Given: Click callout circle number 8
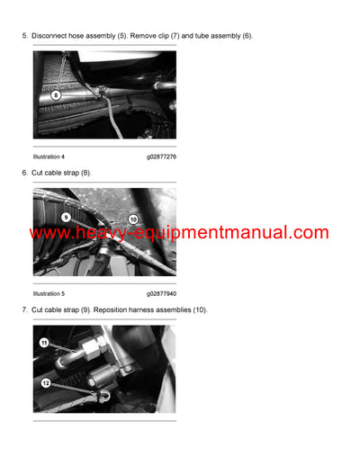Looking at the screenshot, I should [56, 94].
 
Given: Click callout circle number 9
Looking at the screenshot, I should [66, 217].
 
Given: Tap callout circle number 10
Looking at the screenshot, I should [132, 219].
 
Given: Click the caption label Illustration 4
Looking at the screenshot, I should [49, 157].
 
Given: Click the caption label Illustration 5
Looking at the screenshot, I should [49, 293].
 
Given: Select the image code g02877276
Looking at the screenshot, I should [162, 157].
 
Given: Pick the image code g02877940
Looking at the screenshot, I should [162, 293].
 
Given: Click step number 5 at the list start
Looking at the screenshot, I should [24, 36].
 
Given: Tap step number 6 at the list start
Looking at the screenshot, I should [24, 172].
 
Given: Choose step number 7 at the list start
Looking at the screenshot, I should [24, 309].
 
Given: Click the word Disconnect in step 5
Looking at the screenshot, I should [49, 36].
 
